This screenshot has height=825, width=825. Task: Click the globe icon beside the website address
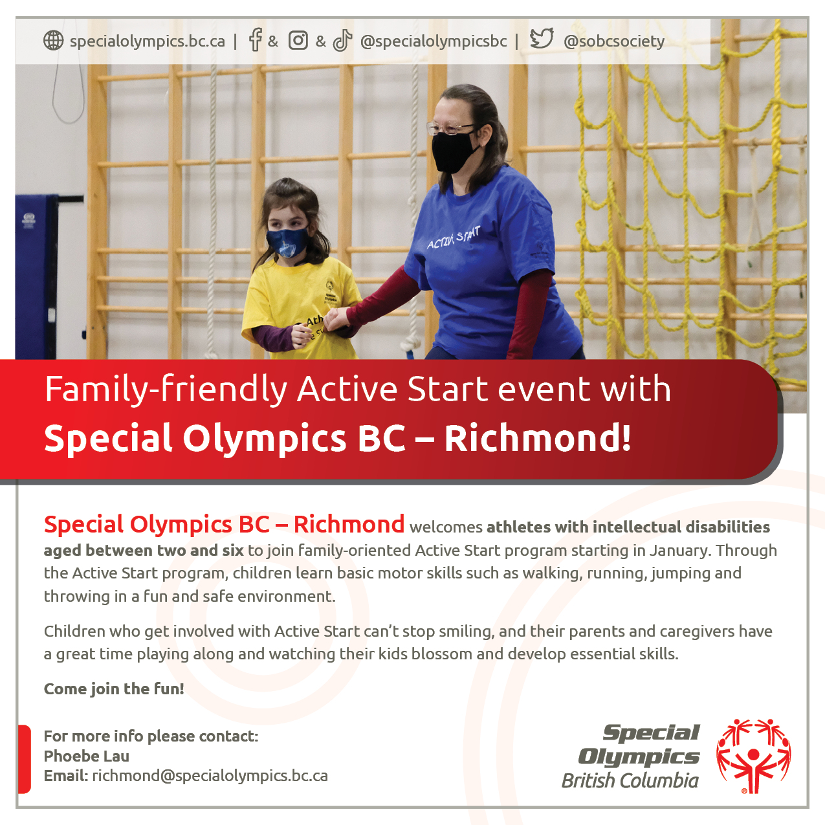[54, 41]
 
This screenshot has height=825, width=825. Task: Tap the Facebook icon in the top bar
[255, 40]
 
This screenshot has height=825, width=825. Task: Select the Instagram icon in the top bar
[298, 41]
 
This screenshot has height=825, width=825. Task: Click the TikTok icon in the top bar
[342, 41]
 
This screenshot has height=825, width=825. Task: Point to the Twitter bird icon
[542, 39]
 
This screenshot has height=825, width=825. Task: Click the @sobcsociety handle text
[614, 41]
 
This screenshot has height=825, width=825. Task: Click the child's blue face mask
[287, 242]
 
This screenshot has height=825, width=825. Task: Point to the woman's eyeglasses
[450, 127]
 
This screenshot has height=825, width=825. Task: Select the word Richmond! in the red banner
[538, 438]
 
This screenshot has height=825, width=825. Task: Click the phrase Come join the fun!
[114, 689]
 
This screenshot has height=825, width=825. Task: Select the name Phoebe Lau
[87, 756]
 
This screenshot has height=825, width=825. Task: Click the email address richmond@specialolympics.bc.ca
[210, 776]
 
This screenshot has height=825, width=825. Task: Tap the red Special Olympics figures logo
[754, 756]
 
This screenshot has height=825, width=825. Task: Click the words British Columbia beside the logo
[630, 780]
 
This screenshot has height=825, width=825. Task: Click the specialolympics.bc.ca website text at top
[148, 41]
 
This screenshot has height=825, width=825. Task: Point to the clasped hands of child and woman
[335, 319]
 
